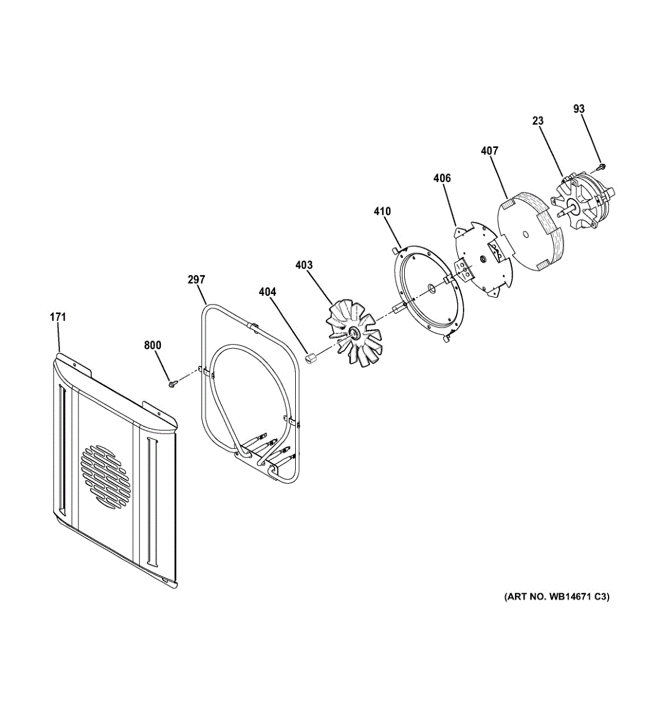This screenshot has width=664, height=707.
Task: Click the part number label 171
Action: (x=58, y=318)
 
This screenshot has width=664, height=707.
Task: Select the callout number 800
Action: (x=153, y=345)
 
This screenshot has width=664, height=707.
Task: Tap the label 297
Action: (x=196, y=280)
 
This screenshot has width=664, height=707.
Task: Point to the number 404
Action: (x=267, y=292)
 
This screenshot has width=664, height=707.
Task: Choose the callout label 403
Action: (x=304, y=265)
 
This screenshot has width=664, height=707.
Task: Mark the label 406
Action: (x=442, y=178)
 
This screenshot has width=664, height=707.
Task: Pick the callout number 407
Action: (x=489, y=151)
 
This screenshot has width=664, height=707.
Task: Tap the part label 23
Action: (x=537, y=121)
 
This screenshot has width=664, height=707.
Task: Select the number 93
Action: (x=579, y=109)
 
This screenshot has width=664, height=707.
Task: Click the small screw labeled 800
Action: (x=172, y=384)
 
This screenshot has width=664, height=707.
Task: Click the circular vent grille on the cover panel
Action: (x=104, y=476)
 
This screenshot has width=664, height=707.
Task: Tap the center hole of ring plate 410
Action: (x=432, y=288)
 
